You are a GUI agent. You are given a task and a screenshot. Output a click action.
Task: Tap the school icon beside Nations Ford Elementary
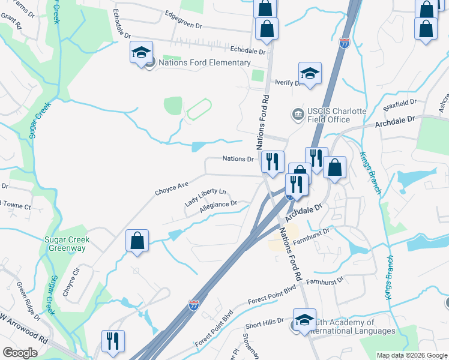(x=141, y=53)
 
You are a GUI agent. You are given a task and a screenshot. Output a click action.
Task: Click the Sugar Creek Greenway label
(x=67, y=244)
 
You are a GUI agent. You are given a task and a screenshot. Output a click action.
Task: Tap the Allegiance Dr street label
(x=218, y=205)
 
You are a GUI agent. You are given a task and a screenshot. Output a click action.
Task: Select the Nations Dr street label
(x=238, y=159)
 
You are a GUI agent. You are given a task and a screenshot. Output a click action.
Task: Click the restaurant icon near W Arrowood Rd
(x=113, y=340)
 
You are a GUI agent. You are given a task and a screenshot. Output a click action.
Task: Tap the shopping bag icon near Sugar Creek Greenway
(x=137, y=241)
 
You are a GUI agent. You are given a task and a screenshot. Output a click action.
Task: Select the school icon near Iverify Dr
(x=310, y=74)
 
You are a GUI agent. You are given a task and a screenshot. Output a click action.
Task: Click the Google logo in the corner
(x=20, y=353)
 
